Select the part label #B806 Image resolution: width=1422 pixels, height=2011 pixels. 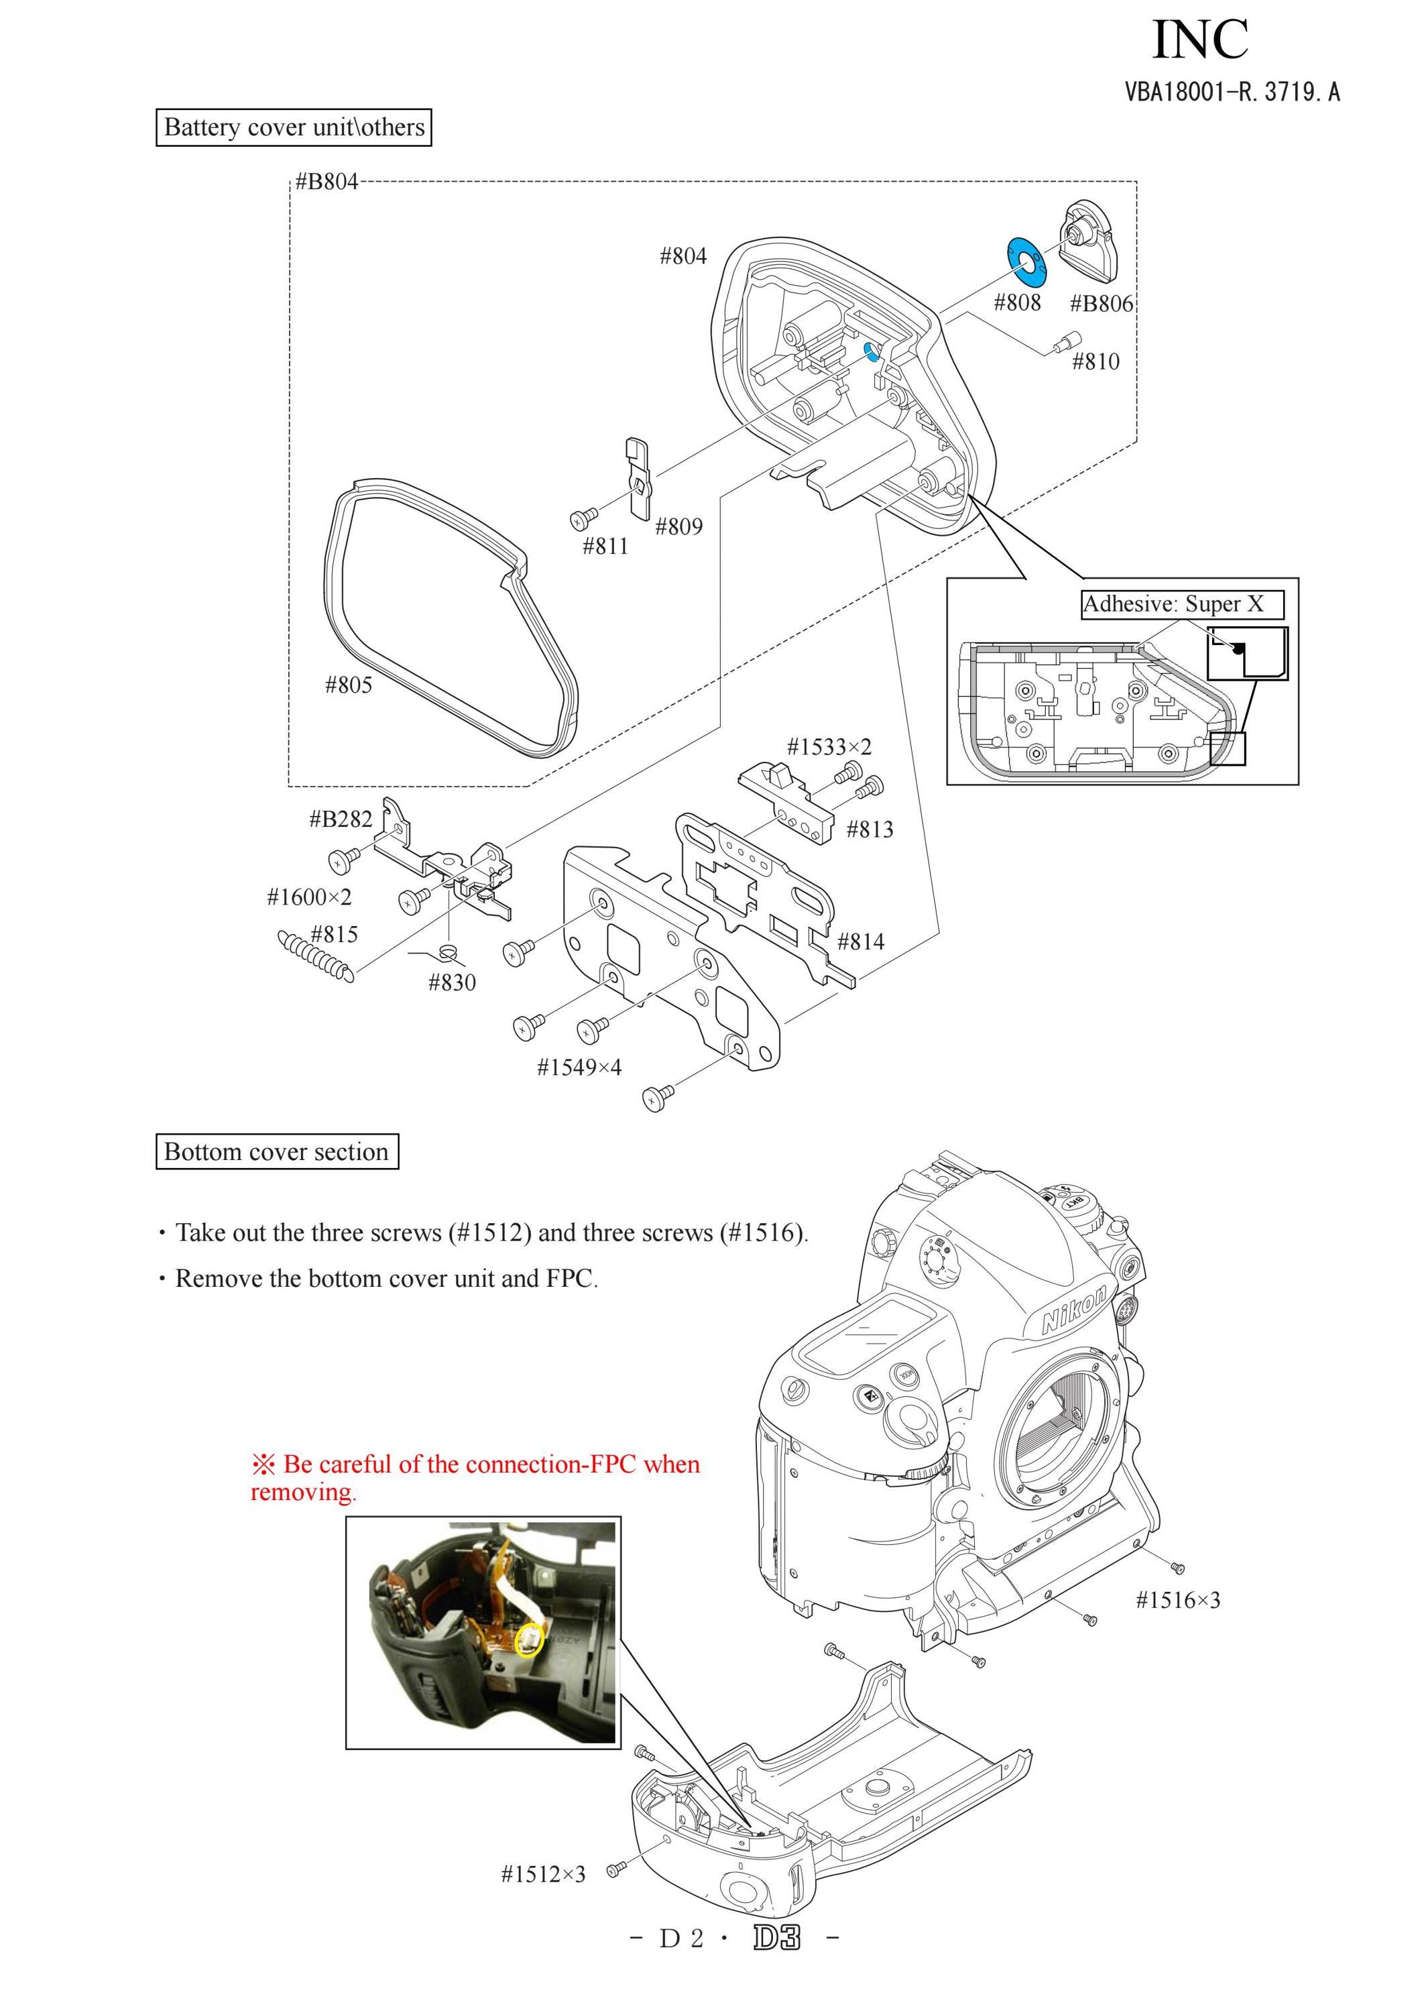[x=1102, y=304]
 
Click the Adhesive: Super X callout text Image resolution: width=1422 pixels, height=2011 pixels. [x=1173, y=604]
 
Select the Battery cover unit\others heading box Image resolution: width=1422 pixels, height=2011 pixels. [x=294, y=127]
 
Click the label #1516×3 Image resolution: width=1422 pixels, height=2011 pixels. [x=1178, y=1600]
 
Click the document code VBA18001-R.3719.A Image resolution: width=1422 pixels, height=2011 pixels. [x=1232, y=91]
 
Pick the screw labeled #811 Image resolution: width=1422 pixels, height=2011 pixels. [x=583, y=518]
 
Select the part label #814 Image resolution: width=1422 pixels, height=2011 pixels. [x=861, y=941]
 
